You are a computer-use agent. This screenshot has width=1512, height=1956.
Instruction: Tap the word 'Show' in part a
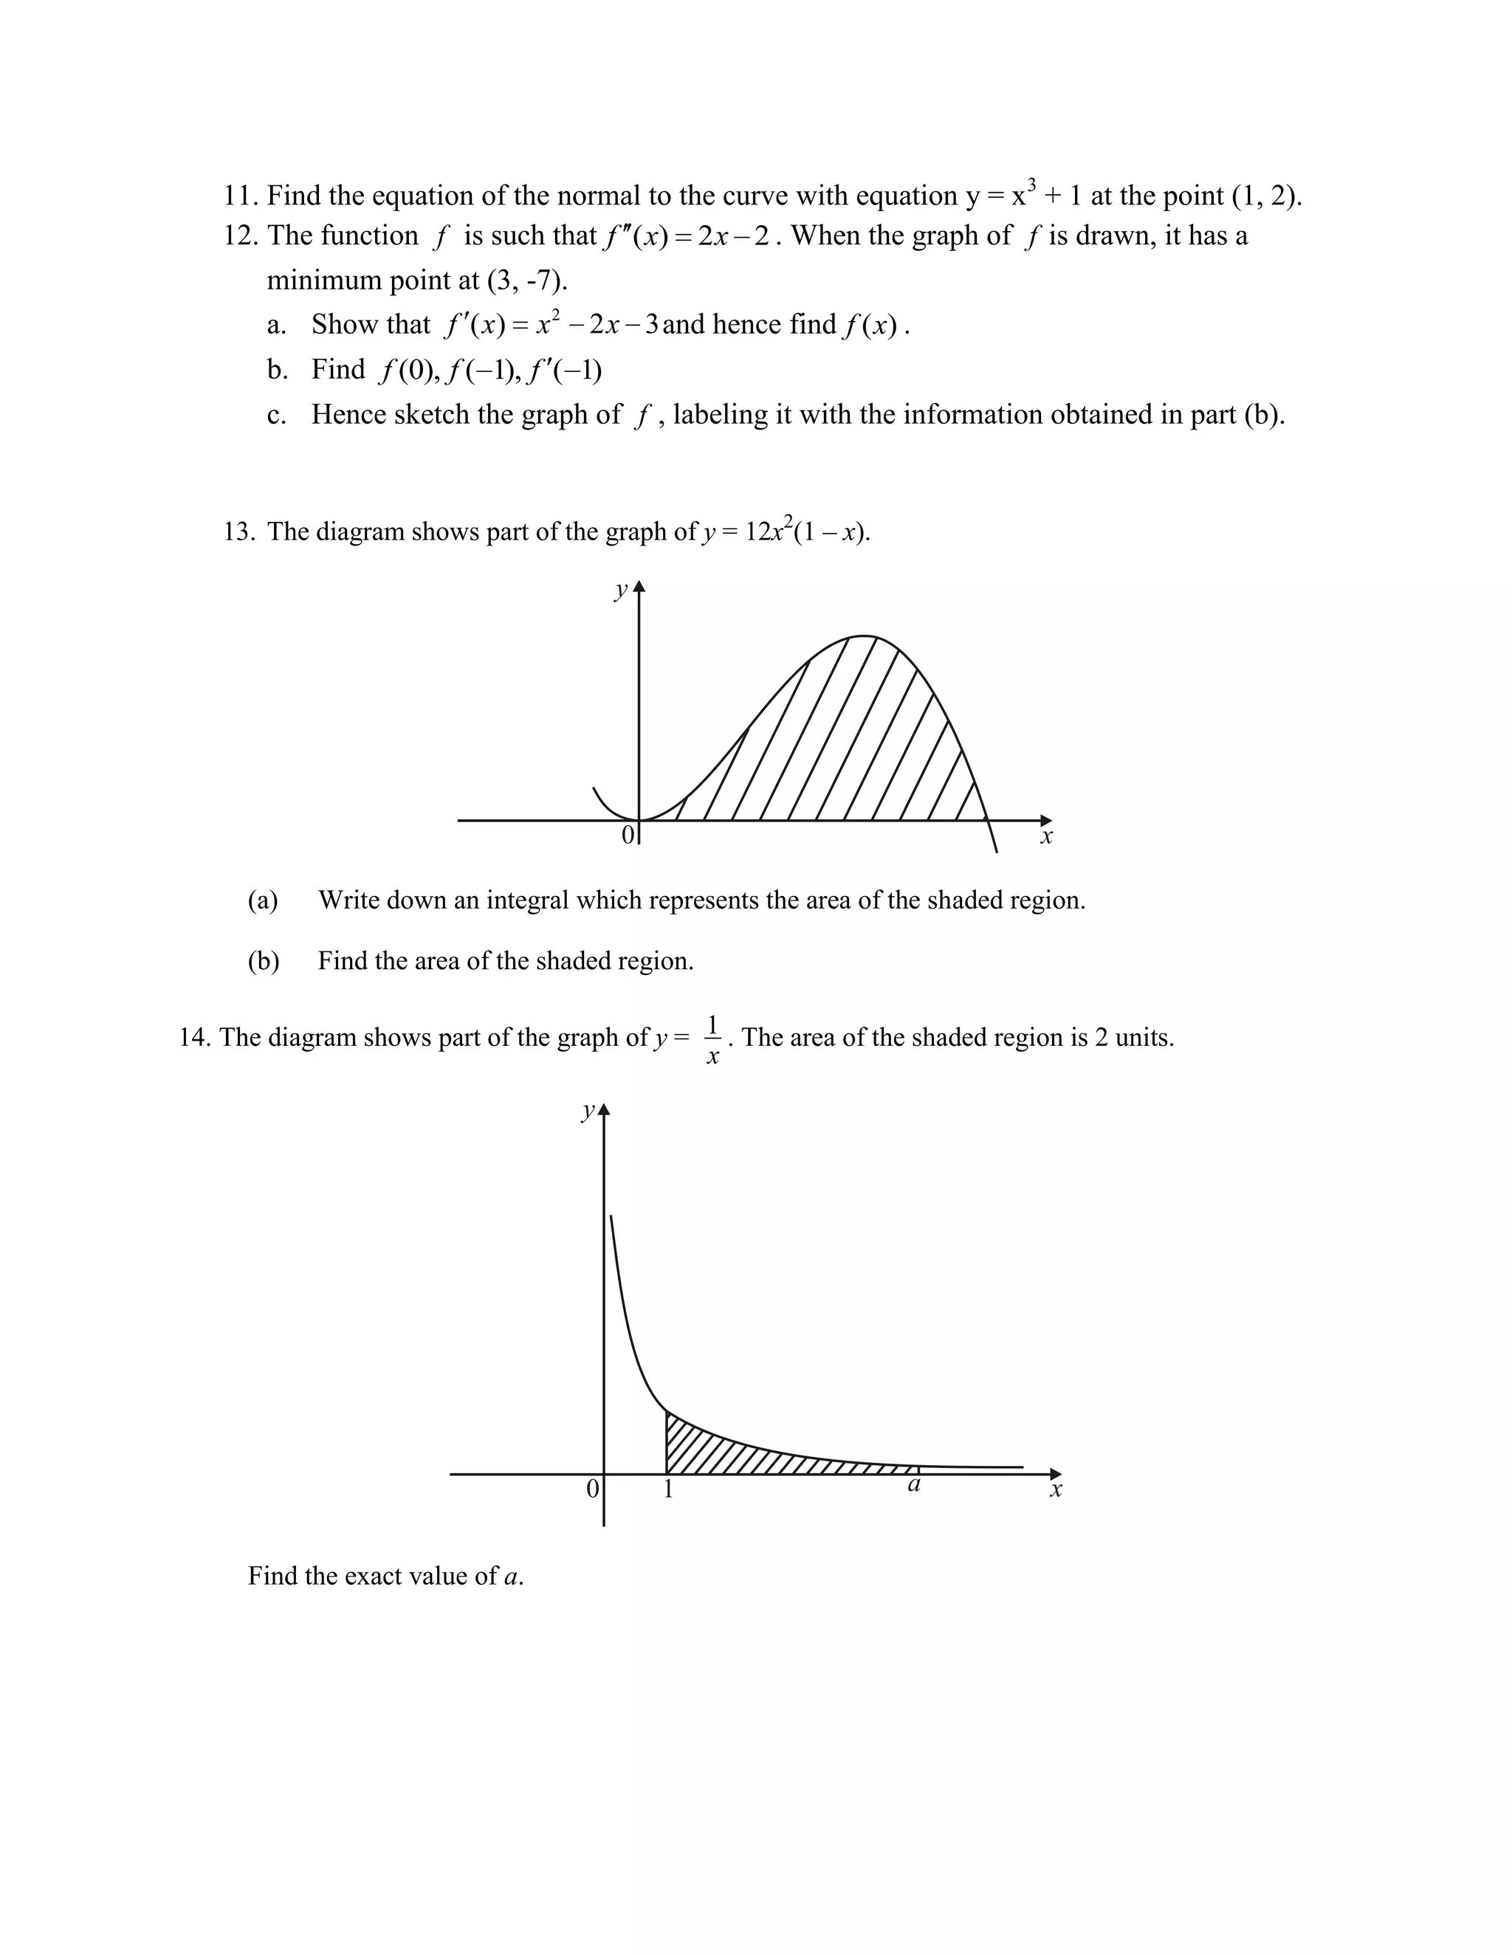click(344, 324)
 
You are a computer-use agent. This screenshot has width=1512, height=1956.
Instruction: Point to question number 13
click(239, 532)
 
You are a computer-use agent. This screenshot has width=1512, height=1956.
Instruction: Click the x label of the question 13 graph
click(1046, 838)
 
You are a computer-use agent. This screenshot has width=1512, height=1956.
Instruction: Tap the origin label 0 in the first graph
click(627, 836)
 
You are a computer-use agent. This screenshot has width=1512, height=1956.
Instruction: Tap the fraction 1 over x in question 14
click(713, 1039)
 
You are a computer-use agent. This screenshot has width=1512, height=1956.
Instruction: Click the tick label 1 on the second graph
click(668, 1490)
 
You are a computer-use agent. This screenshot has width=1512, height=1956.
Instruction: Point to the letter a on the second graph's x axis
click(914, 1485)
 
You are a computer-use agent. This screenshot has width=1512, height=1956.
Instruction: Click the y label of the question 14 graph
click(587, 1112)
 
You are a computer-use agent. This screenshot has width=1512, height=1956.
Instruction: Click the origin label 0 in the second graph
click(592, 1490)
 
